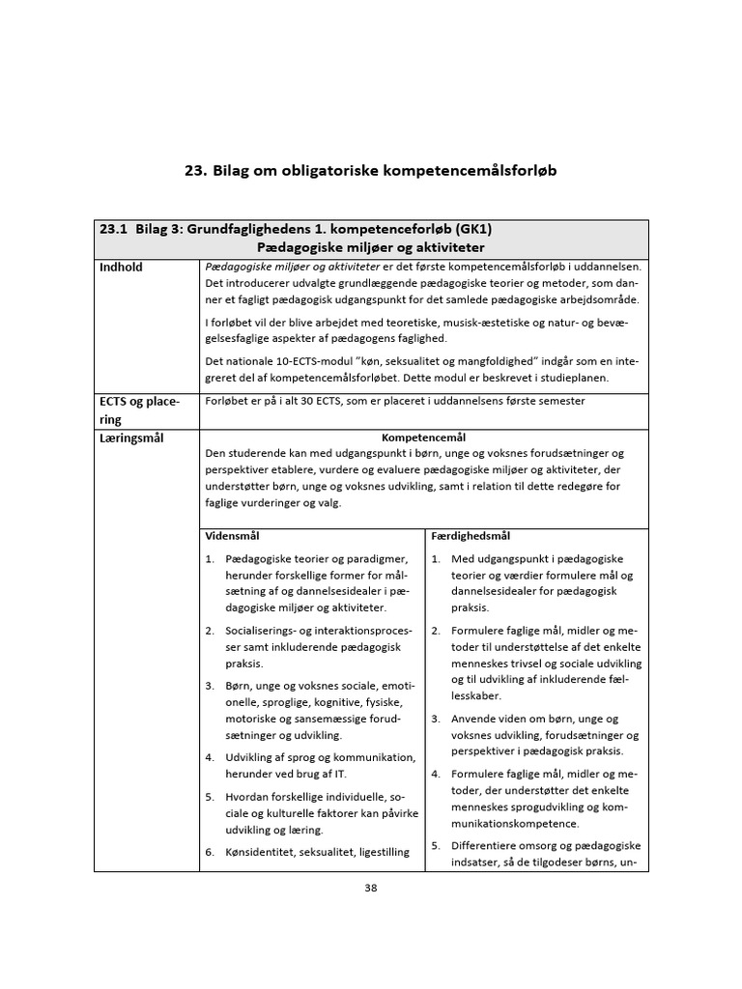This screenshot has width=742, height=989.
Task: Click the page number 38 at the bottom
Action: (371, 889)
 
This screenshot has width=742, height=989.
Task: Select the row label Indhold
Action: (122, 267)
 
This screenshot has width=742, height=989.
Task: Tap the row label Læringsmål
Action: (131, 438)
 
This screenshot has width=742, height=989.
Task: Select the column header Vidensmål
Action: (232, 535)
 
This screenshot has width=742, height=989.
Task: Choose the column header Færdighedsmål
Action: (471, 535)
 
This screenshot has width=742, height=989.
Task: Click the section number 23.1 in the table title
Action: (114, 229)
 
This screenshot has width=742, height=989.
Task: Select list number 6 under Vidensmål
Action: (210, 852)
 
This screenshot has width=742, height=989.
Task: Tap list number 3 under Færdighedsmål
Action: (436, 719)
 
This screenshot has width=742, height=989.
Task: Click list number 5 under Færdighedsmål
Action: (436, 845)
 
